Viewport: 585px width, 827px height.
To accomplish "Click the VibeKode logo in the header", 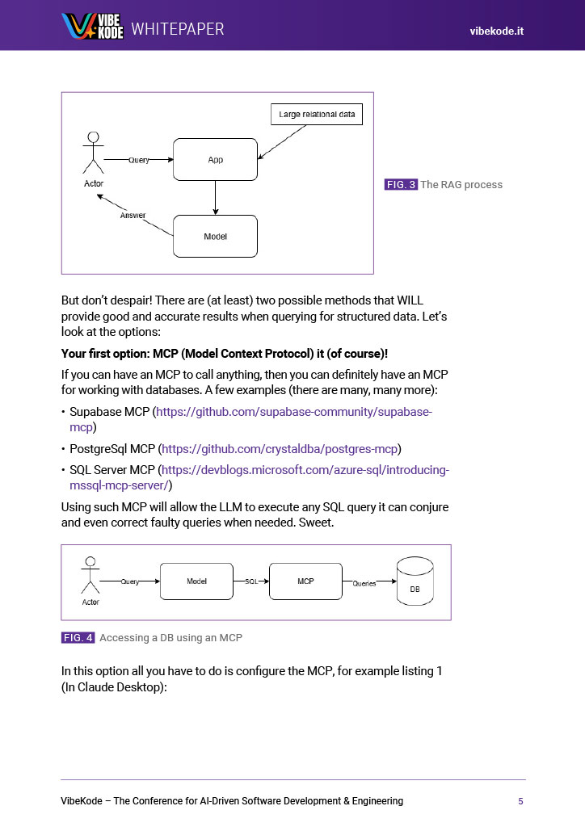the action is pos(92,27).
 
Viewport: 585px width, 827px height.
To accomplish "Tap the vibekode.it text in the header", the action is pos(496,31).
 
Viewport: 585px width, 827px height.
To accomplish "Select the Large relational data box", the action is pos(317,114).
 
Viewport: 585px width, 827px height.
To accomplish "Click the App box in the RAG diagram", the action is pos(215,159).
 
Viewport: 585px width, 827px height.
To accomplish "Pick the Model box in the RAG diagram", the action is pos(215,237).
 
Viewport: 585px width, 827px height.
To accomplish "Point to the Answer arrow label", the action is pos(133,215).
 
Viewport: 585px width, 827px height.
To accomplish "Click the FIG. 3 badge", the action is pos(401,185).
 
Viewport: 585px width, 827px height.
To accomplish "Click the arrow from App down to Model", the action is pos(215,198).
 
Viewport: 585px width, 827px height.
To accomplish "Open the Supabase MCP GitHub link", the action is pos(250,419).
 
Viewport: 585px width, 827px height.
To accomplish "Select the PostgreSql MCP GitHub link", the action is pos(280,449).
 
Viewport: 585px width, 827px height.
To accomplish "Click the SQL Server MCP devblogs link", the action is pos(259,477).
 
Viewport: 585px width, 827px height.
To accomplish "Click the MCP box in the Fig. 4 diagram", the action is pos(305,581).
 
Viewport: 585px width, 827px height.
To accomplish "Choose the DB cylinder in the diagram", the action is pos(415,581).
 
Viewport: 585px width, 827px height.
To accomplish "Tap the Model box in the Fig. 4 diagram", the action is pos(196,581).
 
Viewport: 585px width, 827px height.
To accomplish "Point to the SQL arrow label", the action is pos(251,581).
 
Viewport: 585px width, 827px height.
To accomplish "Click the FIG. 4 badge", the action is pos(78,638).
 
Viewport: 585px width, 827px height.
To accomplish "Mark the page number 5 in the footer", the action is pos(520,801).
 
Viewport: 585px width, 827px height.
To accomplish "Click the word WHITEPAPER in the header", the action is pos(178,29).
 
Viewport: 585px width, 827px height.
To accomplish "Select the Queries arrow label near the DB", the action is pos(364,583).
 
